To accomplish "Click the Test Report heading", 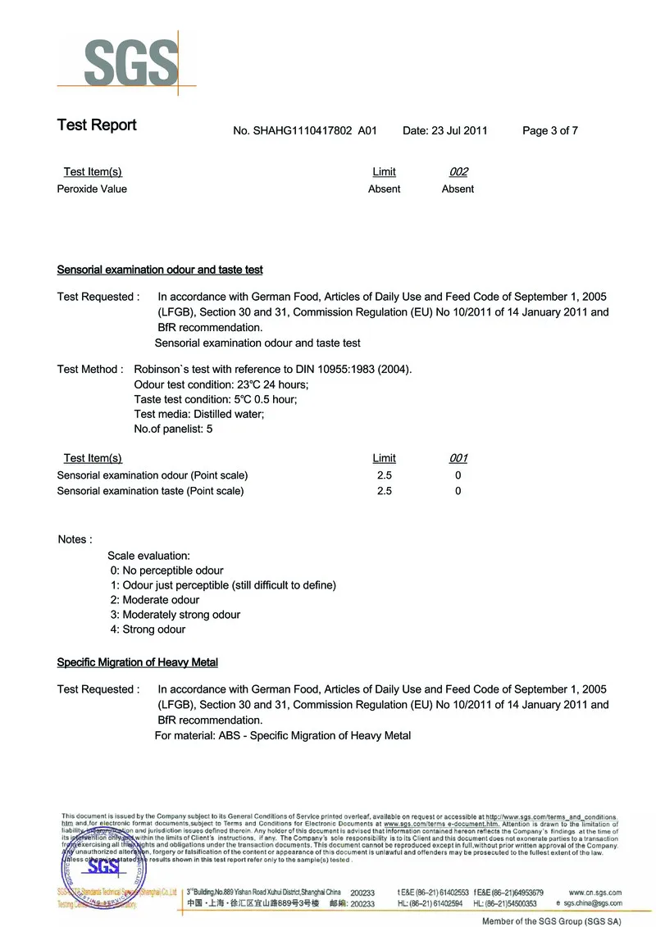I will coord(97,125).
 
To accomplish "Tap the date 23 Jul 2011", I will coord(459,130).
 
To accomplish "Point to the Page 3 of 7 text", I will coord(550,130).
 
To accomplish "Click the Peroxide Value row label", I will coord(92,189).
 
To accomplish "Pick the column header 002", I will coord(458,172).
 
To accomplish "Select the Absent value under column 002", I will coord(458,189).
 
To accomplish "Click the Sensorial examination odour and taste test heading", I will coord(160,270).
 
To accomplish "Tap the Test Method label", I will coord(89,369).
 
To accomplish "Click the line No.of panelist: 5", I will coord(173,429).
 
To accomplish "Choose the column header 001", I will coord(458,458).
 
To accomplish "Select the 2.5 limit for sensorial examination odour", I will coord(384,475).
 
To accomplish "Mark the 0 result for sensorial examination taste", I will coord(458,491).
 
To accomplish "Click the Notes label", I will coord(75,539).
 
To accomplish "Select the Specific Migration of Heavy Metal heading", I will coord(137,662).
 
